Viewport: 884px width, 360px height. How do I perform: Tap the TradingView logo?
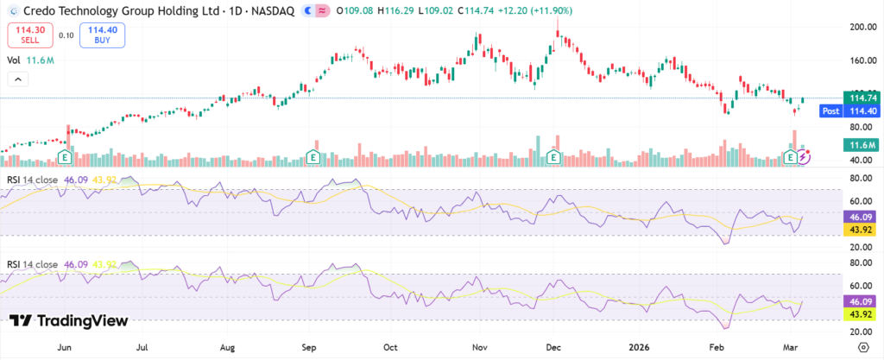pos(69,320)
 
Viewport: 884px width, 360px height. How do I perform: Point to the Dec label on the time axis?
pos(551,348)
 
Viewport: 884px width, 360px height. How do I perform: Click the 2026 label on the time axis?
pos(634,348)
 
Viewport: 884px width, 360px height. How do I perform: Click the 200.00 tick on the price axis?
pos(858,28)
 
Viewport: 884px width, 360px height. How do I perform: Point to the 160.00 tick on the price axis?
pos(858,60)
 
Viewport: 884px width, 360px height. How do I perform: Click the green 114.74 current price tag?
pos(858,99)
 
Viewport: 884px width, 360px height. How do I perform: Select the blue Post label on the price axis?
pos(830,111)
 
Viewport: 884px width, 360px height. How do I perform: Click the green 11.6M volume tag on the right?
pos(858,144)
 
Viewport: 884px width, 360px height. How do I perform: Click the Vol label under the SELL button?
pos(14,60)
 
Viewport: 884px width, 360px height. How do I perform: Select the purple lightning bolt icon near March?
pos(805,157)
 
